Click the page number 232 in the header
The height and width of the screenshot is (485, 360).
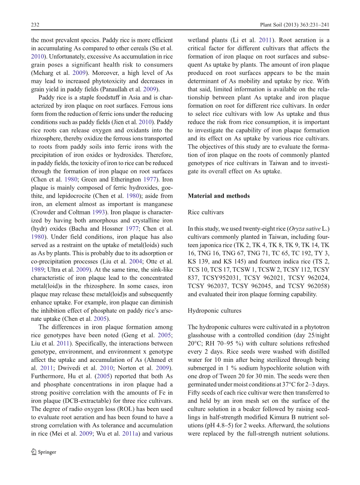click(35, 25)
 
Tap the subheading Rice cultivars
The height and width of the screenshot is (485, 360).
click(206, 212)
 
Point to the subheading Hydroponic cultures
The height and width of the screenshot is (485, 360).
click(214, 311)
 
